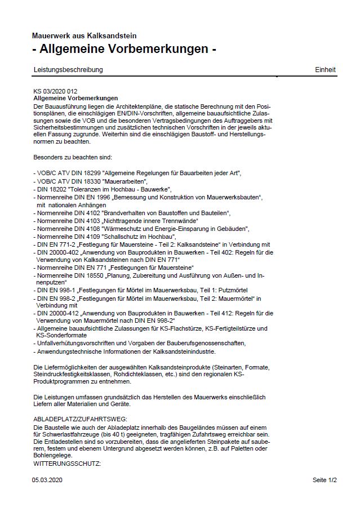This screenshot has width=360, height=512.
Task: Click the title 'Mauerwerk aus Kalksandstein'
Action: coord(84,36)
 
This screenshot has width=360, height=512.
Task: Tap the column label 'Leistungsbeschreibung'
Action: coord(68,70)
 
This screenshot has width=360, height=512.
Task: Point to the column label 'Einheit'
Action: coord(325,70)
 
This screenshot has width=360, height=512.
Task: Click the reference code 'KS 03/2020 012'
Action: coord(55,91)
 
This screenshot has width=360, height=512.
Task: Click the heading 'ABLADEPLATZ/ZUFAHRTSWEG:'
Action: coord(81,420)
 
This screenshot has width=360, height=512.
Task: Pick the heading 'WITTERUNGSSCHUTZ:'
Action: coord(67,463)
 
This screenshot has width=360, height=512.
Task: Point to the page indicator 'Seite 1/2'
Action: coord(325,480)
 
